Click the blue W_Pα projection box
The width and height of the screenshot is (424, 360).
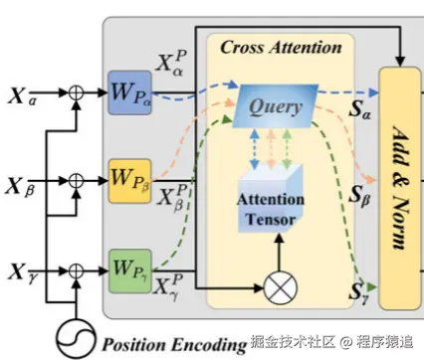coord(130,92)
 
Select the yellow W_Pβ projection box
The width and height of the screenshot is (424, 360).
coord(130,181)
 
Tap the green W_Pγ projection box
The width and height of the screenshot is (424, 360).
coord(130,271)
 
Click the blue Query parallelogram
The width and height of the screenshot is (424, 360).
coord(275,106)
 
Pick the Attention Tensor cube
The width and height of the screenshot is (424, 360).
coord(271,198)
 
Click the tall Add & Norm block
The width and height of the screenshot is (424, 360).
coord(400,188)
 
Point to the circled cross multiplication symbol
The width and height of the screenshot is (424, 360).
coord(281,288)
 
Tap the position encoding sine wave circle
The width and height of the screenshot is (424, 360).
coord(76,339)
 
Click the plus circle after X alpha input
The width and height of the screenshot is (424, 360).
coord(76,92)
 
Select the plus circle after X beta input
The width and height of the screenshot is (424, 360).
coord(76,181)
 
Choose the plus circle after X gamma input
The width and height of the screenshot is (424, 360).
coord(76,271)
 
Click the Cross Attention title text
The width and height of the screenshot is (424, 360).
coord(281,48)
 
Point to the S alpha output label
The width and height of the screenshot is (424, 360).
coord(359,108)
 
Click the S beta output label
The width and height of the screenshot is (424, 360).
coord(359,195)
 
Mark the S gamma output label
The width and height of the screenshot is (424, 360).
coord(359,292)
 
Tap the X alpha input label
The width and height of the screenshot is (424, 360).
coord(22,96)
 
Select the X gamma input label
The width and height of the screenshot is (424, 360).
coord(23,273)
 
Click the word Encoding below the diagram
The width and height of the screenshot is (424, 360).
coord(209,345)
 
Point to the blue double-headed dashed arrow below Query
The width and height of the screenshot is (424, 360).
coord(255,149)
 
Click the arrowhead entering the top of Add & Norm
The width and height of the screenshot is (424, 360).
coord(400,62)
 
